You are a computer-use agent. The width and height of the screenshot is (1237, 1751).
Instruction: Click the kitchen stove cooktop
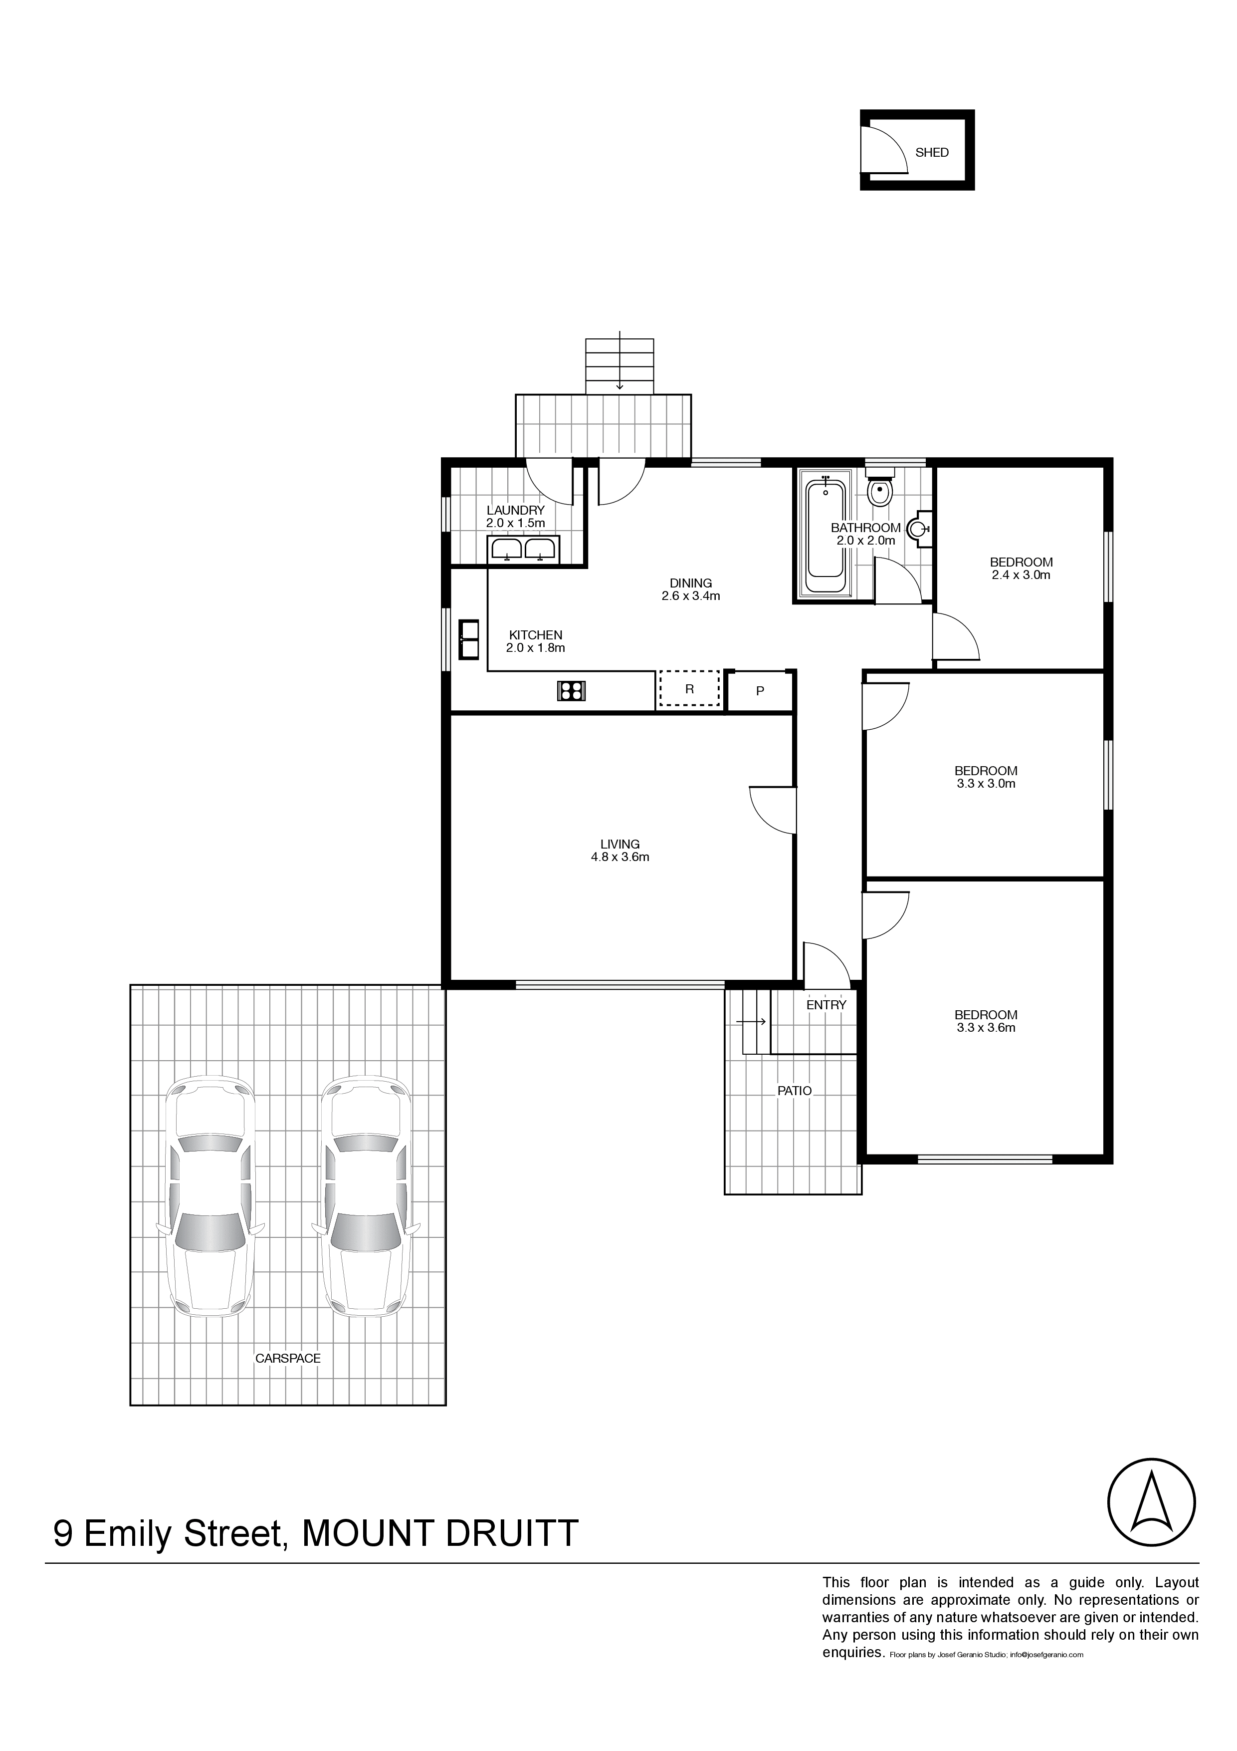(x=571, y=691)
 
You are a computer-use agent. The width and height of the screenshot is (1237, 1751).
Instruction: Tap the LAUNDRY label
(x=516, y=510)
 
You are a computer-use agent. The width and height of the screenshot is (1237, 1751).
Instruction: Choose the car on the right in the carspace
(x=365, y=1196)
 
